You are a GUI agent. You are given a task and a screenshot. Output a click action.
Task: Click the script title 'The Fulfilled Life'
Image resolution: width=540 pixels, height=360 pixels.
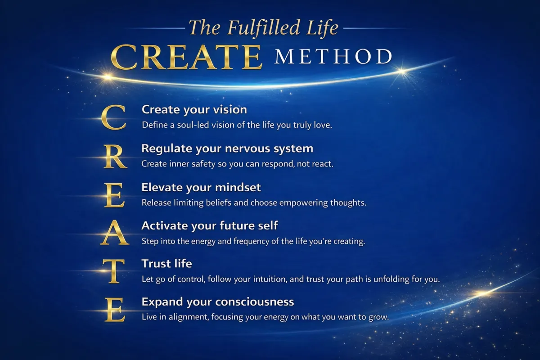[x=264, y=28]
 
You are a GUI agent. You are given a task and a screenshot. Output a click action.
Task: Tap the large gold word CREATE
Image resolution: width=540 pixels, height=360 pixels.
[x=186, y=57]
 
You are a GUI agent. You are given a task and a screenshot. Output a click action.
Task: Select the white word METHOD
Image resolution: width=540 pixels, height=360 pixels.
[x=333, y=57]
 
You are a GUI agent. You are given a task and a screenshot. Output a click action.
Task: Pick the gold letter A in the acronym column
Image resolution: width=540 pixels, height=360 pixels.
[x=114, y=233]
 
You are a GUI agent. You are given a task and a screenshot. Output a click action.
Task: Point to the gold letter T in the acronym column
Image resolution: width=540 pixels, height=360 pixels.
[x=113, y=271]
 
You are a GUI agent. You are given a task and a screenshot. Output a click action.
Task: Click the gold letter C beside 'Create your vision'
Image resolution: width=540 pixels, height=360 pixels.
[x=113, y=117]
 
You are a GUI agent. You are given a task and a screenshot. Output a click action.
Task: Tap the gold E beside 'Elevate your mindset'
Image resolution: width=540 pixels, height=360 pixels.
[x=114, y=195]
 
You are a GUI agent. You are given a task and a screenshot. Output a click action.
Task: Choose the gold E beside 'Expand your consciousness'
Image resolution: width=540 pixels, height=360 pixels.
[x=115, y=310]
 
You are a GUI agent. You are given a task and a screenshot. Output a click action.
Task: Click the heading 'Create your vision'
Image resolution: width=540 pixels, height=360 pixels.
[x=194, y=110]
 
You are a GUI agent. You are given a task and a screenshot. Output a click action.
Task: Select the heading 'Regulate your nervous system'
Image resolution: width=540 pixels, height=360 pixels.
[x=227, y=149]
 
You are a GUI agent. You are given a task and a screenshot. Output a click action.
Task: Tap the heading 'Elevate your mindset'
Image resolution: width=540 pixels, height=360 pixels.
[x=201, y=187]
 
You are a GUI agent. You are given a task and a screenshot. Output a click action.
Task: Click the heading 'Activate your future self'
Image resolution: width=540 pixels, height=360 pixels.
[x=210, y=226]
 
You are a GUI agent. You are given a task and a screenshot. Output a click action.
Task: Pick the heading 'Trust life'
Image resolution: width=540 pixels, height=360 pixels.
[x=167, y=264]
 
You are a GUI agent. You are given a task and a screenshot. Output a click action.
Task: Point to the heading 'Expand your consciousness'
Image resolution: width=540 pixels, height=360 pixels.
[x=218, y=302]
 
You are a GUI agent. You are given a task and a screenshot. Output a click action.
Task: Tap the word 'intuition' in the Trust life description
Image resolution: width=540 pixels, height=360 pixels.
[x=265, y=279]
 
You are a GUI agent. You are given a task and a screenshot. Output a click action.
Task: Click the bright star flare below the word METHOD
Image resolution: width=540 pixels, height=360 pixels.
[x=402, y=71]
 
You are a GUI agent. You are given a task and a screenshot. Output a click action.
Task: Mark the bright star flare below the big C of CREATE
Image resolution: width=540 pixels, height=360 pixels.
[x=108, y=77]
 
